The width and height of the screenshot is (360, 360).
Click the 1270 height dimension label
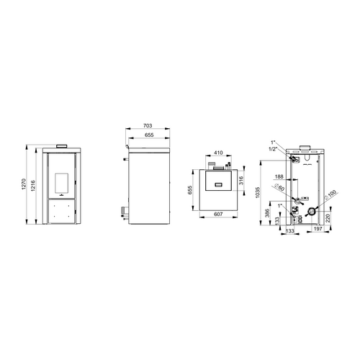(24, 184)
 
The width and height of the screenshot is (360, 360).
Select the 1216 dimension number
(33, 186)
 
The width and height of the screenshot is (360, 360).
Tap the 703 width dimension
(148, 125)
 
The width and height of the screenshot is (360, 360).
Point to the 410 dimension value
(218, 153)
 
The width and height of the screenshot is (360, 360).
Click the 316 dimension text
(241, 180)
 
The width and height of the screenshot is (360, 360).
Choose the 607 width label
(218, 214)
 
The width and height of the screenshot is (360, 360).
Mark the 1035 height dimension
(258, 192)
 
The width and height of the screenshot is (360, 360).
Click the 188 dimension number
(279, 177)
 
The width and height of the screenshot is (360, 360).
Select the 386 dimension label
(268, 213)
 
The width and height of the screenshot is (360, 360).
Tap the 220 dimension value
(328, 218)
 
